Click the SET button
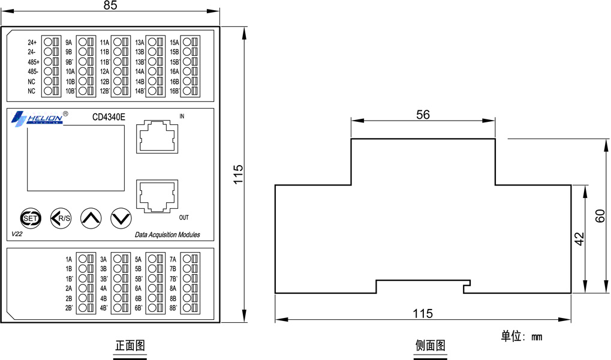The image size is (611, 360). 31,218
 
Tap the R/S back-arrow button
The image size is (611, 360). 61,218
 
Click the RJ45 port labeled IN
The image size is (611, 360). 157,137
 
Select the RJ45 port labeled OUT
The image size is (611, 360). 157,196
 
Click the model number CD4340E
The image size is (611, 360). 109,117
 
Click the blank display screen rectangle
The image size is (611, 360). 76,158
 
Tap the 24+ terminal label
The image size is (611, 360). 32,43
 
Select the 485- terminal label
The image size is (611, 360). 33,72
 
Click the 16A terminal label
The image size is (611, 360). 174,72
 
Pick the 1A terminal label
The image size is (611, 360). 68,259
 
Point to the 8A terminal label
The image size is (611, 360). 173,289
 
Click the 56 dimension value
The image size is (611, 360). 423,115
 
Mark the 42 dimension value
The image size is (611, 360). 579,239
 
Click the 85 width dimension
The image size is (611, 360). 110,5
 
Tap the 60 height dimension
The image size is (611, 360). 600,216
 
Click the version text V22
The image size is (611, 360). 17,234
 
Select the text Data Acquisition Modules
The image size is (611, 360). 167,235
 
